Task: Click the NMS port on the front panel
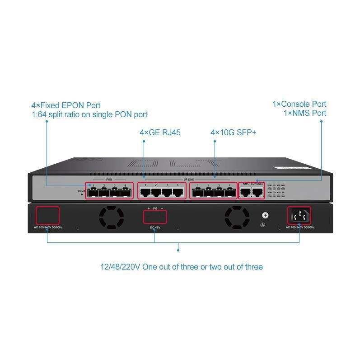pyautogui.click(x=245, y=191)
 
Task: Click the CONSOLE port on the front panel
pyautogui.click(x=257, y=191)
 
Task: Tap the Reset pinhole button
pyautogui.click(x=82, y=194)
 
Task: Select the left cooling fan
pyautogui.click(x=111, y=217)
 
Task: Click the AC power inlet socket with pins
pyautogui.click(x=299, y=216)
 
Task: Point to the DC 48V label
pyautogui.click(x=154, y=227)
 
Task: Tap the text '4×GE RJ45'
pyautogui.click(x=156, y=133)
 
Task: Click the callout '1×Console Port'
pyautogui.click(x=299, y=104)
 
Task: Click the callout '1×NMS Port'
pyautogui.click(x=304, y=113)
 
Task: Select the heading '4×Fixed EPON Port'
pyautogui.click(x=66, y=105)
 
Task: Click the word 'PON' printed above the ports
pyautogui.click(x=109, y=180)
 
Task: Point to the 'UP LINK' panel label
pyautogui.click(x=189, y=180)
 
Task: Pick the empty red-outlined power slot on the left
pyautogui.click(x=47, y=215)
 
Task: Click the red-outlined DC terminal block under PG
pyautogui.click(x=154, y=217)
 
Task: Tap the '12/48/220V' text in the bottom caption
pyautogui.click(x=120, y=266)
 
